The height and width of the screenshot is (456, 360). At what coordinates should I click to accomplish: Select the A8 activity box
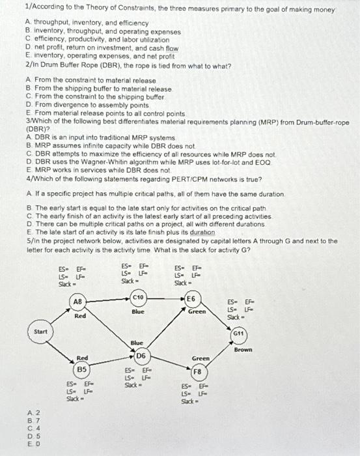[x=77, y=302]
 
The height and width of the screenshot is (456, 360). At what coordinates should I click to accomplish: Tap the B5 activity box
[x=81, y=369]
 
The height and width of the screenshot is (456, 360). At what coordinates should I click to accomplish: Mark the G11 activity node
[x=239, y=333]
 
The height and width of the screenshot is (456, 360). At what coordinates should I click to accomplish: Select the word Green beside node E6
[x=197, y=311]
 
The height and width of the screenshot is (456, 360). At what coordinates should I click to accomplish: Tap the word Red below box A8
[x=80, y=316]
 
